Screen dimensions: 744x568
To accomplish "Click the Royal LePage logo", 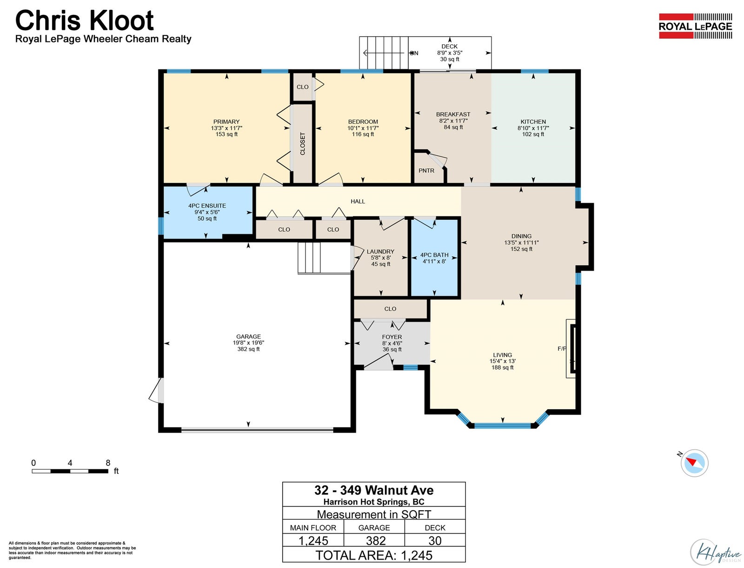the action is coord(695,26).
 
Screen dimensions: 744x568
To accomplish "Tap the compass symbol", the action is coord(694,463).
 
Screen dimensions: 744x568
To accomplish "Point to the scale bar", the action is coord(70,471).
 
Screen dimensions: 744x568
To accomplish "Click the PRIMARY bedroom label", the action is coord(226,122).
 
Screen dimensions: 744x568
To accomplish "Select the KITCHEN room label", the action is coord(533,122).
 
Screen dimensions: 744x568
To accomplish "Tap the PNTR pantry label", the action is coord(426,171).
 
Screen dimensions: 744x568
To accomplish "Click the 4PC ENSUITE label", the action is coord(207,206).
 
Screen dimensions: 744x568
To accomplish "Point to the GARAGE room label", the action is coord(248,337).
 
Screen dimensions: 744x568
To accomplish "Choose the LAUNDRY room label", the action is coord(381,251).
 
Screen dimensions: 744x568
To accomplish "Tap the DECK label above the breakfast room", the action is coord(450,46).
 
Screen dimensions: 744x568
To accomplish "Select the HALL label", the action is coord(358,201).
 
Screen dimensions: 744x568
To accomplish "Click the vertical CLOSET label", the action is coord(302,143).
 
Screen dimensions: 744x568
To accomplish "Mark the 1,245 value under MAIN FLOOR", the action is coord(313,541).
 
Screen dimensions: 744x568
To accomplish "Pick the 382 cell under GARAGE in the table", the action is coord(376,541).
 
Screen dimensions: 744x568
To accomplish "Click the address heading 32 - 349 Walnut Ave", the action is coord(374,490).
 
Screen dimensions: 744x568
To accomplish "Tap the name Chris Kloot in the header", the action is coord(85,20).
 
